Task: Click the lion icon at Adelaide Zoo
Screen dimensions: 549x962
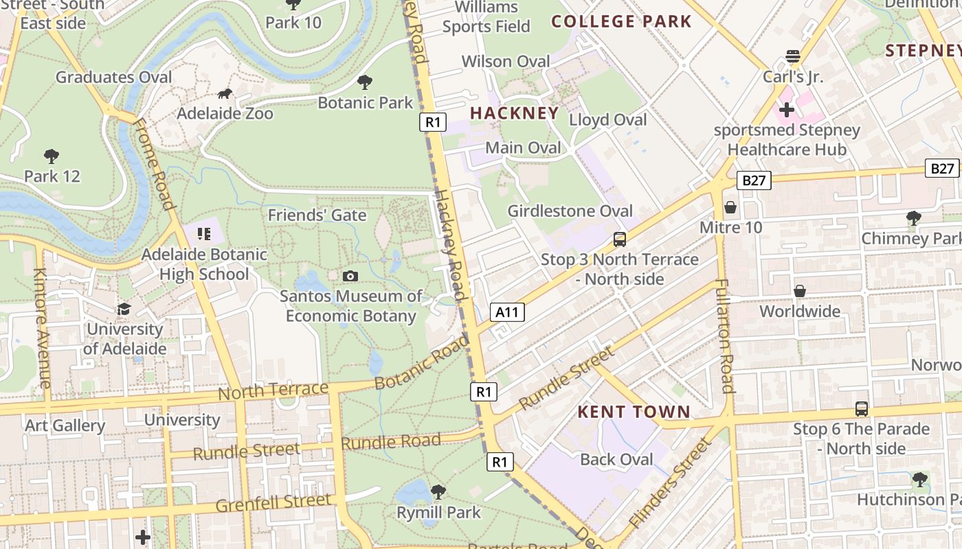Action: pos(225,94)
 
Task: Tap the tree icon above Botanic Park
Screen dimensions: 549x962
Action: pos(365,83)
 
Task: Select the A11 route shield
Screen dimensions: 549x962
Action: pos(508,312)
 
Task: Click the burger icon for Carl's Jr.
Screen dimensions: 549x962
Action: pos(793,56)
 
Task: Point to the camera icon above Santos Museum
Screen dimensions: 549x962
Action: pos(350,276)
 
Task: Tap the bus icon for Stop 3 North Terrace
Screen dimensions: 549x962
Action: pos(620,240)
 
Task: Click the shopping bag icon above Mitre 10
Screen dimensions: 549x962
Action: pos(730,207)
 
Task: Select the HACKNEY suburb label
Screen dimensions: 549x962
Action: pos(514,113)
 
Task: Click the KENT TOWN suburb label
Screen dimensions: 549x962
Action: pos(634,412)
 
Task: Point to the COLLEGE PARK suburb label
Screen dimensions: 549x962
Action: pos(621,21)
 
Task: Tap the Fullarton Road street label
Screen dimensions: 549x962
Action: pos(725,336)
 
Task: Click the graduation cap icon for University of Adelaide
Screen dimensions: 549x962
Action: pos(124,309)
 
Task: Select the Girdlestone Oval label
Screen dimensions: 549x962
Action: pos(570,211)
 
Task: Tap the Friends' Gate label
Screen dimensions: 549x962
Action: pos(317,215)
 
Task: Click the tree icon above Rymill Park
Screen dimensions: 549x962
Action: pos(438,492)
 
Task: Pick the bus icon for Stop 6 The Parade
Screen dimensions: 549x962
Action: pos(862,409)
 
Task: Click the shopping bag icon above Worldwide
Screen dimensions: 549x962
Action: pos(800,292)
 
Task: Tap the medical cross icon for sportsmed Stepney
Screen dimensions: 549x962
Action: pos(787,110)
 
